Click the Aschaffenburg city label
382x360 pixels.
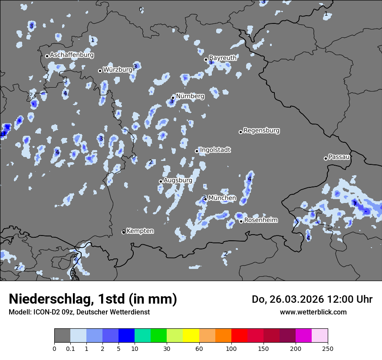pyautogui.click(x=72, y=55)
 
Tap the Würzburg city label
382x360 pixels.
pyautogui.click(x=118, y=69)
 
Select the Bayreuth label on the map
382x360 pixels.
pyautogui.click(x=223, y=58)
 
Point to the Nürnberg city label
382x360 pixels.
pyautogui.click(x=190, y=96)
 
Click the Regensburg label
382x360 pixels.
pyautogui.click(x=261, y=130)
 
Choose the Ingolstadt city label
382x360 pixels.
pyautogui.click(x=215, y=150)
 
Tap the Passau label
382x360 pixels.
pyautogui.click(x=339, y=157)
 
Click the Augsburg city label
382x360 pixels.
pyautogui.click(x=178, y=180)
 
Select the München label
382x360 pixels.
pyautogui.click(x=222, y=198)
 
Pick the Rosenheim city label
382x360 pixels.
pyautogui.click(x=261, y=220)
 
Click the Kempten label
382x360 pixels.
pyautogui.click(x=140, y=231)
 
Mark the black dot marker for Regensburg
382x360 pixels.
pyautogui.click(x=240, y=132)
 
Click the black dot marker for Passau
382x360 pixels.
pyautogui.click(x=326, y=158)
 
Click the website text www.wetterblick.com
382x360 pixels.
pyautogui.click(x=313, y=312)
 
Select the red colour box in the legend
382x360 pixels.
pyautogui.click(x=239, y=336)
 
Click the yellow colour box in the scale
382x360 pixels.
pyautogui.click(x=191, y=336)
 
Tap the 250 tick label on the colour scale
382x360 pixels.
pyautogui.click(x=328, y=348)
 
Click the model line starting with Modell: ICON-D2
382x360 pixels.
pyautogui.click(x=79, y=312)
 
